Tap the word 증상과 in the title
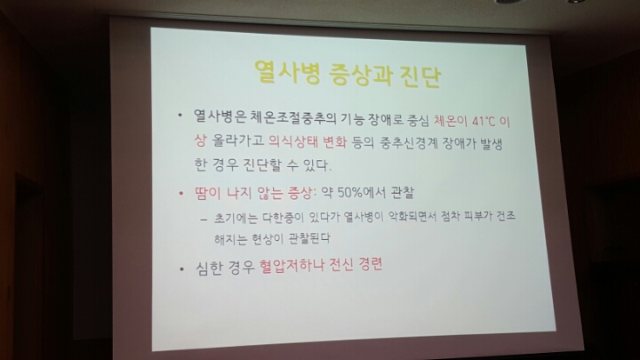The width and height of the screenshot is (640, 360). pos(360,75)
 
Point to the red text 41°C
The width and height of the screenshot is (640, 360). pos(484,122)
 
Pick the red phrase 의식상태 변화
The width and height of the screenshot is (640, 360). pos(307,141)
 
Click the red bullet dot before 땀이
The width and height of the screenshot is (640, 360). pos(181,193)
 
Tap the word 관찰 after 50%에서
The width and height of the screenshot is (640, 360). pos(403,193)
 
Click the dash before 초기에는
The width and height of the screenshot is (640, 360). pos(204,220)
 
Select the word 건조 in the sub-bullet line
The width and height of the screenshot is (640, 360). pos(506,216)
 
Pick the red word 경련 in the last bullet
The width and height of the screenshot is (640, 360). pos(371,265)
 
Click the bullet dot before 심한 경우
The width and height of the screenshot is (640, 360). pos(182,269)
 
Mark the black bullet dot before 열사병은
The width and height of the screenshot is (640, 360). pos(180,116)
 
